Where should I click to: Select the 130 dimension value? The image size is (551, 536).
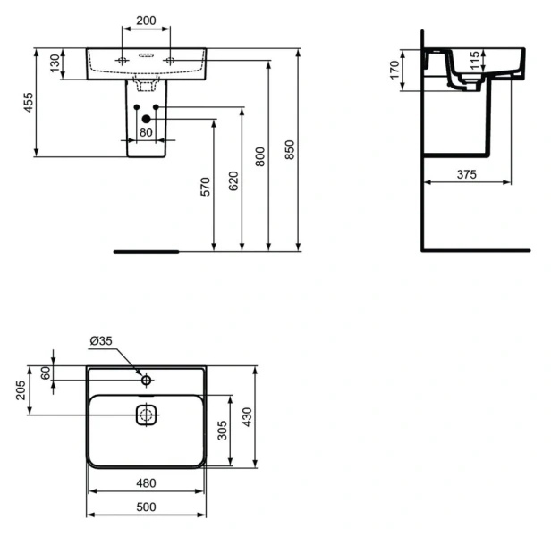point(55,63)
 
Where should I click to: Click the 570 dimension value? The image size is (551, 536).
point(205,186)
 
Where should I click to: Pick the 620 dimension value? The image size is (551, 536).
point(233,181)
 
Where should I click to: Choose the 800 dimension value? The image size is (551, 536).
point(260,157)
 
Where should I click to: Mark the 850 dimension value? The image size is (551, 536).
point(289,151)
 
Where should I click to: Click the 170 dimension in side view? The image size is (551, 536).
point(394,71)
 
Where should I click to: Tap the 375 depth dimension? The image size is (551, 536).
point(466,174)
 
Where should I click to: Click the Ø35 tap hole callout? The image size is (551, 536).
point(100,340)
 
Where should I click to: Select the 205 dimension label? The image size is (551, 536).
point(21,390)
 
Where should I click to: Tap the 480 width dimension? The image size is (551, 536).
point(146,483)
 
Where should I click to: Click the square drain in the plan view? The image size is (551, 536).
point(146,415)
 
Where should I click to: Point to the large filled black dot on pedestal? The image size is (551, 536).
point(146,119)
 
